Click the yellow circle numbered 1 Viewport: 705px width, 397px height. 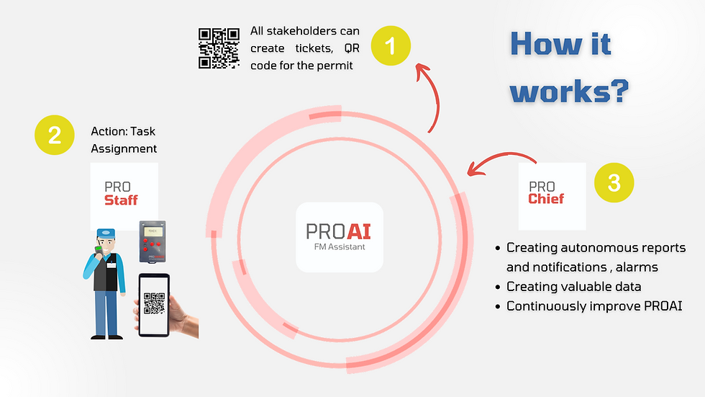(x=391, y=47)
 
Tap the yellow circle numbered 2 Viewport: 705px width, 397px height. (x=55, y=135)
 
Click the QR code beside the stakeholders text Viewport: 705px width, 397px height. (x=219, y=48)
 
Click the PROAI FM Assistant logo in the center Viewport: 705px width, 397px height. (x=339, y=236)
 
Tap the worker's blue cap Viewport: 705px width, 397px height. (x=106, y=234)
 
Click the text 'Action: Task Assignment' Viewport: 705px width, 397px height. (x=123, y=140)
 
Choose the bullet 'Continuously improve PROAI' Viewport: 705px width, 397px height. (x=594, y=306)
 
